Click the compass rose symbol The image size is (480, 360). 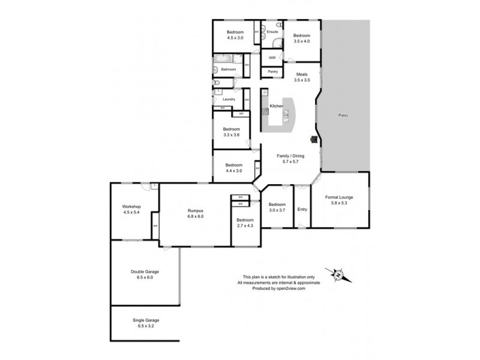coord(338,275)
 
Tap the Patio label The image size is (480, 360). coord(343,115)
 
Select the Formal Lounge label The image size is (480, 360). coord(339,197)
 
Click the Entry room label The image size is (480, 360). coord(301,209)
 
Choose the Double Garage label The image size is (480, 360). coord(145,271)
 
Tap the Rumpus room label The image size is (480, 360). coord(196,211)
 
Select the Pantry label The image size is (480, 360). coord(272,71)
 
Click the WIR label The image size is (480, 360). coord(272,58)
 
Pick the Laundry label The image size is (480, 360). coord(229,99)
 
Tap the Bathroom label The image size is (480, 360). coord(229,70)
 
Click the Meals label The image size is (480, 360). coord(301,74)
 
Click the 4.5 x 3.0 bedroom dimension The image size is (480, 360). coord(235,38)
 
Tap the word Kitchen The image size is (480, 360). coord(276,106)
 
